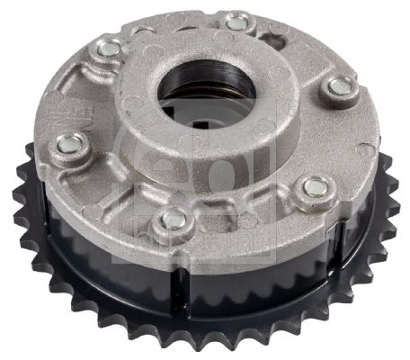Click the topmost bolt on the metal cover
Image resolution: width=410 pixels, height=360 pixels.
pos(236,22)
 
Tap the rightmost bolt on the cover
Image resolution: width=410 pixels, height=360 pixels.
pos(341,86)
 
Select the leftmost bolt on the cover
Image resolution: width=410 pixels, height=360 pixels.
pos(68,142)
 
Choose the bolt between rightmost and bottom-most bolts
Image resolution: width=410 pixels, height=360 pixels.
pos(314,186)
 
